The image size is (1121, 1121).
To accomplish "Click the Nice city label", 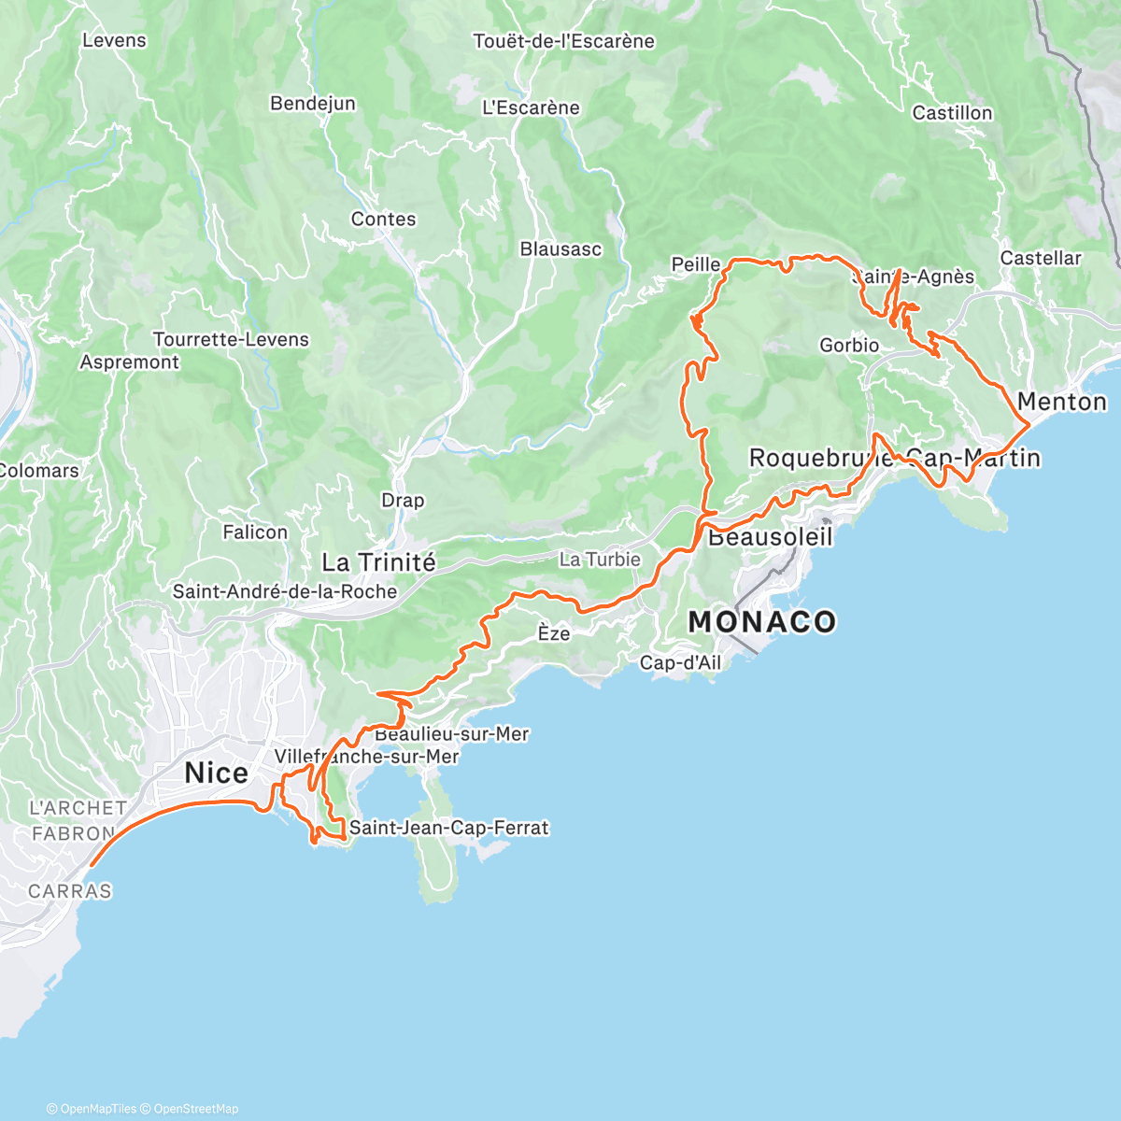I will (x=216, y=773).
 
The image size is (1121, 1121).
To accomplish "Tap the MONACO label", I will (x=761, y=622).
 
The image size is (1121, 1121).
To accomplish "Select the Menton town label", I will (x=1061, y=402).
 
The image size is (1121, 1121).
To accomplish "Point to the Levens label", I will (x=114, y=40).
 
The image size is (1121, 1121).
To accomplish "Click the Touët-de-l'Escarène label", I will (x=563, y=41).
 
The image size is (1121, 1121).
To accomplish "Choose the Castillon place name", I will (x=952, y=113).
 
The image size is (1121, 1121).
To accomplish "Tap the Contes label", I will (x=383, y=219).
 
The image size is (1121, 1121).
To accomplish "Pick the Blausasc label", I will (x=560, y=249).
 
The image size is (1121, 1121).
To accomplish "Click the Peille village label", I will (x=695, y=264).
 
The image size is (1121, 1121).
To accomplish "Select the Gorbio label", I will (x=848, y=346).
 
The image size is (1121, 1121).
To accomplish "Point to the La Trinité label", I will (x=378, y=562).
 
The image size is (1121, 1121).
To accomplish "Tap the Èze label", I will (x=553, y=633).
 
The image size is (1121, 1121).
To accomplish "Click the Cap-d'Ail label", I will (x=680, y=663).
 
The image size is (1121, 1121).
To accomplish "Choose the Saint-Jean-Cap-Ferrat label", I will (x=448, y=828).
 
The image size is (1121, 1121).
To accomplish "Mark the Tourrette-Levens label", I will (x=231, y=339).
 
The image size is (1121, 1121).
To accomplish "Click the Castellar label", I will (x=1040, y=258).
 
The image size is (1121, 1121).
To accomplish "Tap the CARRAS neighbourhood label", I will (x=70, y=891).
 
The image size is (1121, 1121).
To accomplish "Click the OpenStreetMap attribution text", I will (x=195, y=1109).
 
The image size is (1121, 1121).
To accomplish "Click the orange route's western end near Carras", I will (x=91, y=866).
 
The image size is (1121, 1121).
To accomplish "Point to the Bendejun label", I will (x=312, y=104).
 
